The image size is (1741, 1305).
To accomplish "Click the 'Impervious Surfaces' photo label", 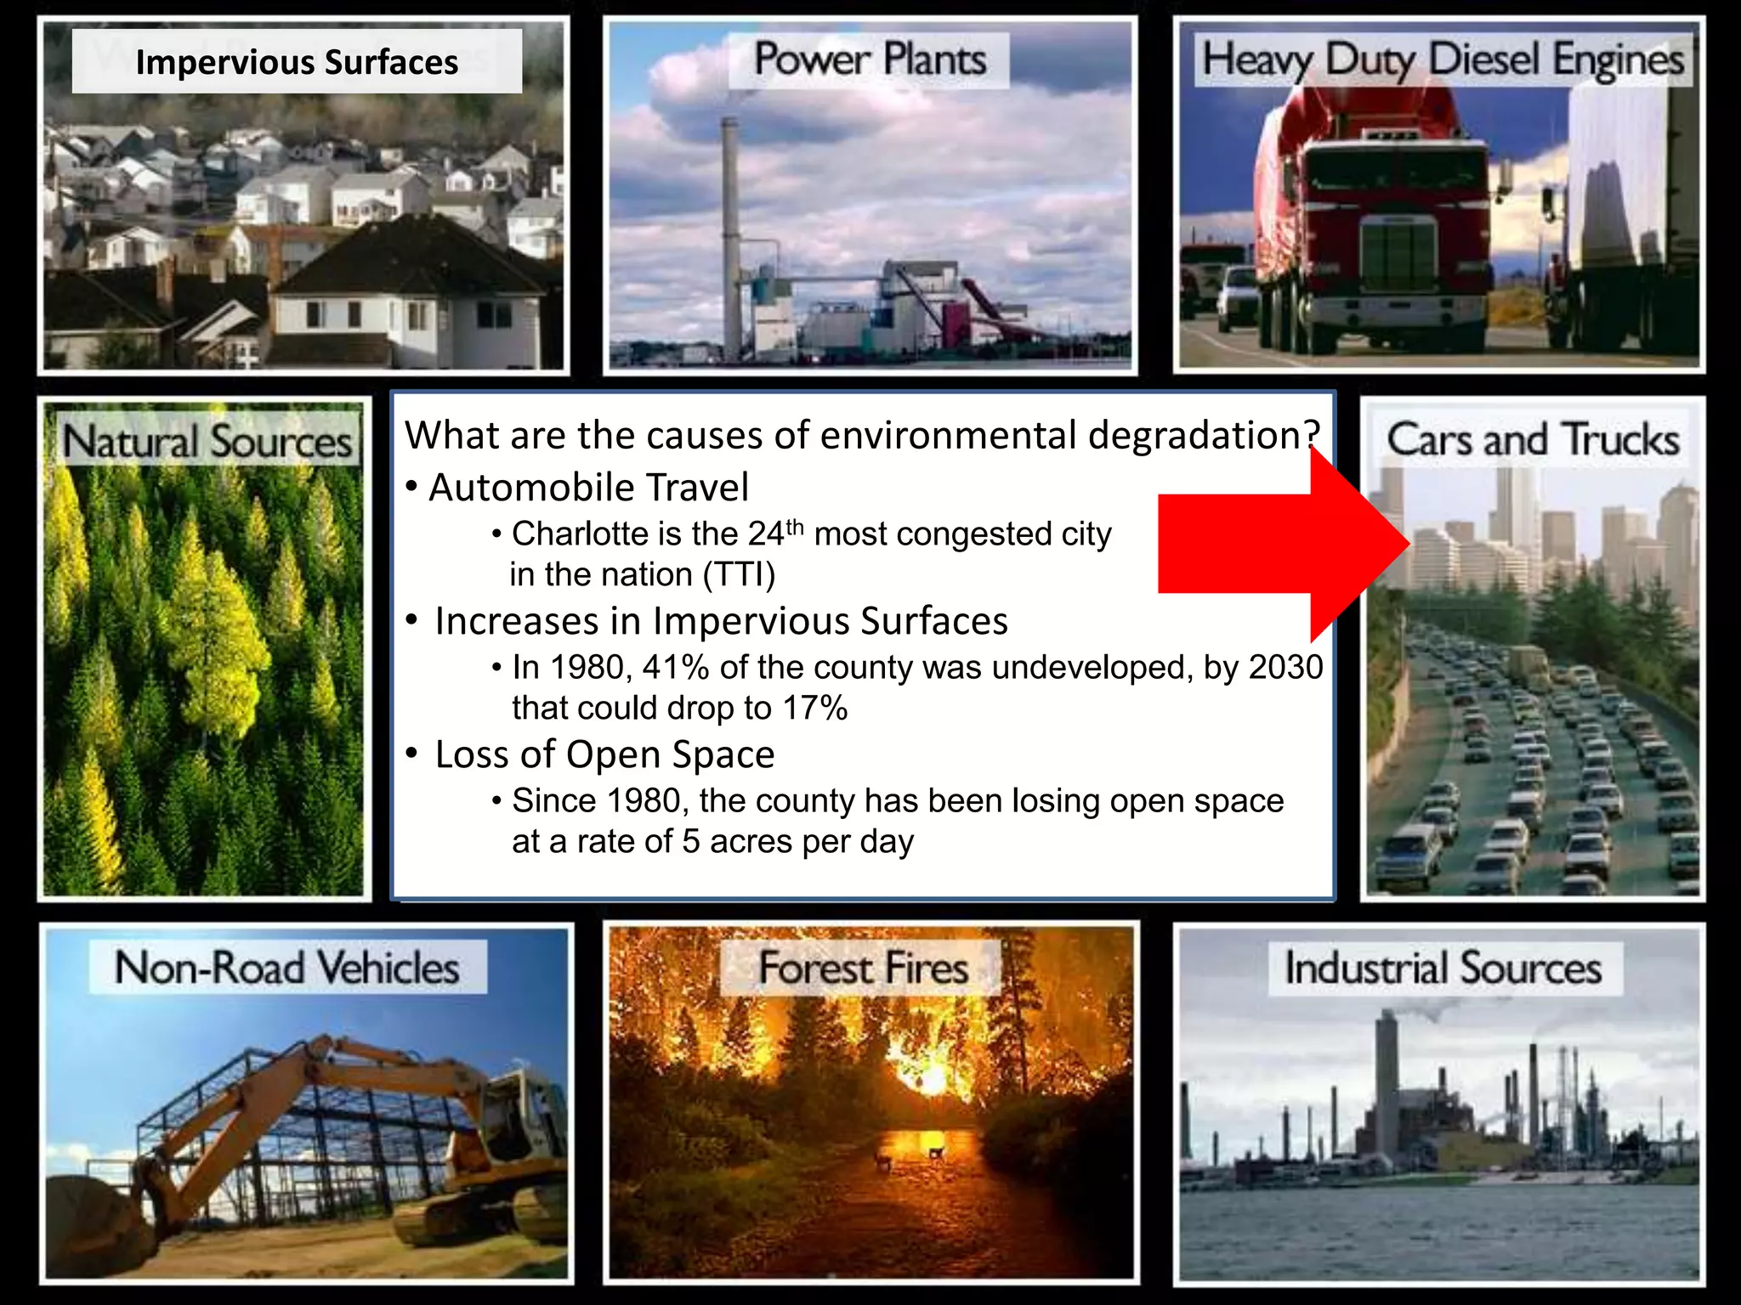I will coord(297,62).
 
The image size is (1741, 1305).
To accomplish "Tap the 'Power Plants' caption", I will coord(870,60).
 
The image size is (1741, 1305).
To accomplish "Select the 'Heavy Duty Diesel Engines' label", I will coord(1443,60).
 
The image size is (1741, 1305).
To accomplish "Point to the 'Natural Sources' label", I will coord(207,442).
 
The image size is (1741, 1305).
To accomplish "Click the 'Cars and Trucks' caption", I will coord(1533,439).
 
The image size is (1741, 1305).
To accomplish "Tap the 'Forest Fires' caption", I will coord(863,968).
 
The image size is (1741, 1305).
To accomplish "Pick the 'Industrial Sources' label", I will coord(1443,968).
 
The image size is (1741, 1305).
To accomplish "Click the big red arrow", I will coord(1275,544).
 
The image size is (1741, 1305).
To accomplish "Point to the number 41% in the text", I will coord(676,668).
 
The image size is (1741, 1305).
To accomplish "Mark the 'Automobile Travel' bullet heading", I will coord(588,488).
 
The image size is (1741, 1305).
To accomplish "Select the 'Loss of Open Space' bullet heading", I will coord(604,754).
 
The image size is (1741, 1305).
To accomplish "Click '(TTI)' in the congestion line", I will coord(739,575).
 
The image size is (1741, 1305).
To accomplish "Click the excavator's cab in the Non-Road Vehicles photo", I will coord(527,1104).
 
